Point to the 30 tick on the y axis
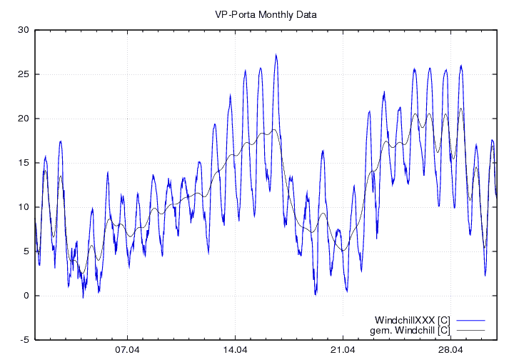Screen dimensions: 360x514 coord(24,30)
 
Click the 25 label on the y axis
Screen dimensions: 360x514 coord(24,74)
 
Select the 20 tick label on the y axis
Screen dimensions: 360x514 coord(24,119)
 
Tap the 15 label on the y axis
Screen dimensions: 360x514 coord(24,163)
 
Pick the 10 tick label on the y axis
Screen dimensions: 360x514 coord(24,207)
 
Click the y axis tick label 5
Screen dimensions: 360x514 coord(26,251)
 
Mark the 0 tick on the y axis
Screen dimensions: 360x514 coord(26,296)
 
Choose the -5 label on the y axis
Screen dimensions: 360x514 coord(24,340)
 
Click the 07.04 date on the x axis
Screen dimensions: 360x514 coord(127,350)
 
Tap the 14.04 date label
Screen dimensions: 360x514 coord(235,350)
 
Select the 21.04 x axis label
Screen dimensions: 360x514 coord(343,350)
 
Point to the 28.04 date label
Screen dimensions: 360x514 coord(450,350)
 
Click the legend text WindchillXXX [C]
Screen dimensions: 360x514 coord(412,319)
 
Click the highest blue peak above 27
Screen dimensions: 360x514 coord(276,54)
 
